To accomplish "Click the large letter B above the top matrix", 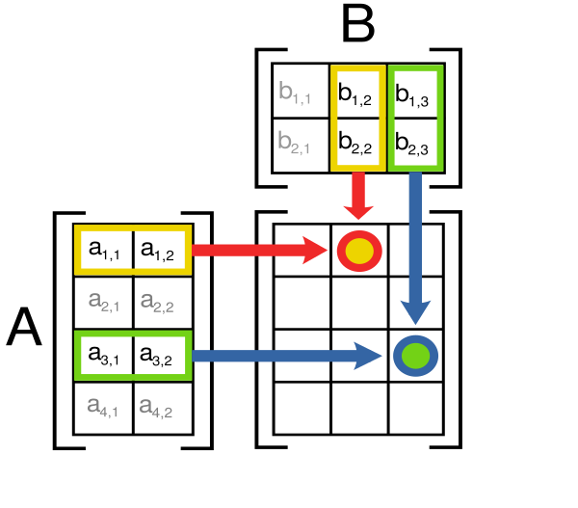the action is click(358, 23).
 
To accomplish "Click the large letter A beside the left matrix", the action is click(24, 327).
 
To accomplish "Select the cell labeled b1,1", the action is click(301, 91).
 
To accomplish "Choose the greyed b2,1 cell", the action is click(301, 146).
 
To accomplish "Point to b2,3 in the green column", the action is click(415, 146).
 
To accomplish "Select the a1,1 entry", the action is click(104, 250).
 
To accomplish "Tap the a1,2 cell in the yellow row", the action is click(163, 250).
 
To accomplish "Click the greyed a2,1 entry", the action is click(104, 303).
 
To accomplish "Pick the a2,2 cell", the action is click(163, 303).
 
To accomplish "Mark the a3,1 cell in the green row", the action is click(104, 356).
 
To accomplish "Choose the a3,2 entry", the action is click(163, 356).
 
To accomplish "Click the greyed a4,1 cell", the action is click(104, 408).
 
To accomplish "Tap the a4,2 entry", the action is click(163, 408).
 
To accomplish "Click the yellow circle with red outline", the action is click(359, 251).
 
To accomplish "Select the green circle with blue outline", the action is click(415, 356).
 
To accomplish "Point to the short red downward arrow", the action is click(358, 196).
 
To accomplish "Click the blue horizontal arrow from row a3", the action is click(287, 356).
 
